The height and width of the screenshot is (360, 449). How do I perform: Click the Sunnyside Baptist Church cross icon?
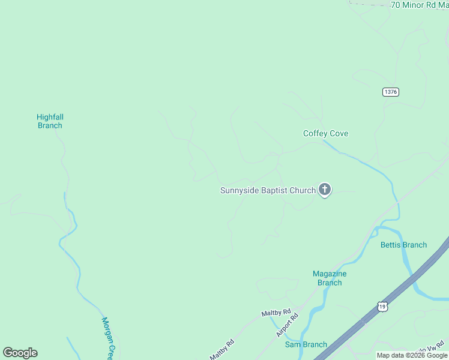pyautogui.click(x=325, y=190)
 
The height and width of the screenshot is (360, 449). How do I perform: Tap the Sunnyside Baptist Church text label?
pyautogui.click(x=268, y=191)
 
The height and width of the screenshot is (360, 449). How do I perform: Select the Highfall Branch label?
pyautogui.click(x=50, y=121)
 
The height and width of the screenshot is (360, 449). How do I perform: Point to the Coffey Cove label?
pyautogui.click(x=325, y=134)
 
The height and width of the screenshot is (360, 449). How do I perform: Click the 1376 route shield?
pyautogui.click(x=390, y=92)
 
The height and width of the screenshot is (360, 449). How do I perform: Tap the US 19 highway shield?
pyautogui.click(x=382, y=306)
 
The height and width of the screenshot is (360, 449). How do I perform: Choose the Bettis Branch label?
pyautogui.click(x=403, y=245)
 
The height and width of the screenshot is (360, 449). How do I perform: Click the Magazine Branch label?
pyautogui.click(x=330, y=278)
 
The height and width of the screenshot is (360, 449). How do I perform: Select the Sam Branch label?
pyautogui.click(x=306, y=344)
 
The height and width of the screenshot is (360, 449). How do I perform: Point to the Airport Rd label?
pyautogui.click(x=287, y=326)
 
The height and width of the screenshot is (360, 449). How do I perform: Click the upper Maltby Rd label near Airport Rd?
pyautogui.click(x=276, y=313)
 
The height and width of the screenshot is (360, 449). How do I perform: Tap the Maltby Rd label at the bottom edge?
pyautogui.click(x=221, y=350)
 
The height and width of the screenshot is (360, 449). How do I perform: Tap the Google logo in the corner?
pyautogui.click(x=20, y=353)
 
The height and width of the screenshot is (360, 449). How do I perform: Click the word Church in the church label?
pyautogui.click(x=303, y=191)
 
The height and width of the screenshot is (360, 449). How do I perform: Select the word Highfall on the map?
pyautogui.click(x=50, y=117)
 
